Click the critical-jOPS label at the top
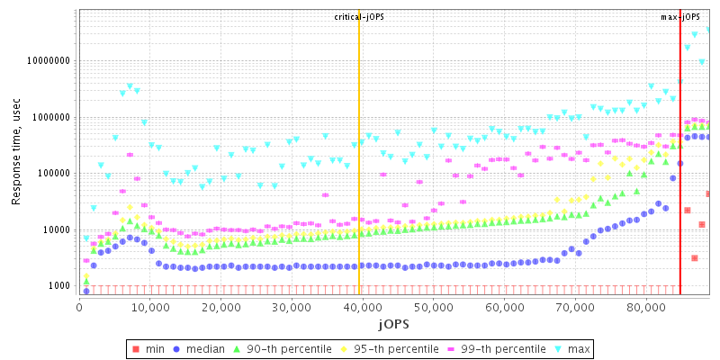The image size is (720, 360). coord(359,17)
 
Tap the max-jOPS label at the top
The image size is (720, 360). coord(680,17)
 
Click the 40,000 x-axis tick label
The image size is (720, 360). coord(362,307)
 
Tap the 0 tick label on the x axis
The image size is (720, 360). coord(79,307)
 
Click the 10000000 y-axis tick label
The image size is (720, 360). coord(50,61)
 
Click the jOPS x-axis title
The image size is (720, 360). coord(393,322)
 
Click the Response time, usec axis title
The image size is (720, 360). coord(16,151)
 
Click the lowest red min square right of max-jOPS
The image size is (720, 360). coord(695,258)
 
